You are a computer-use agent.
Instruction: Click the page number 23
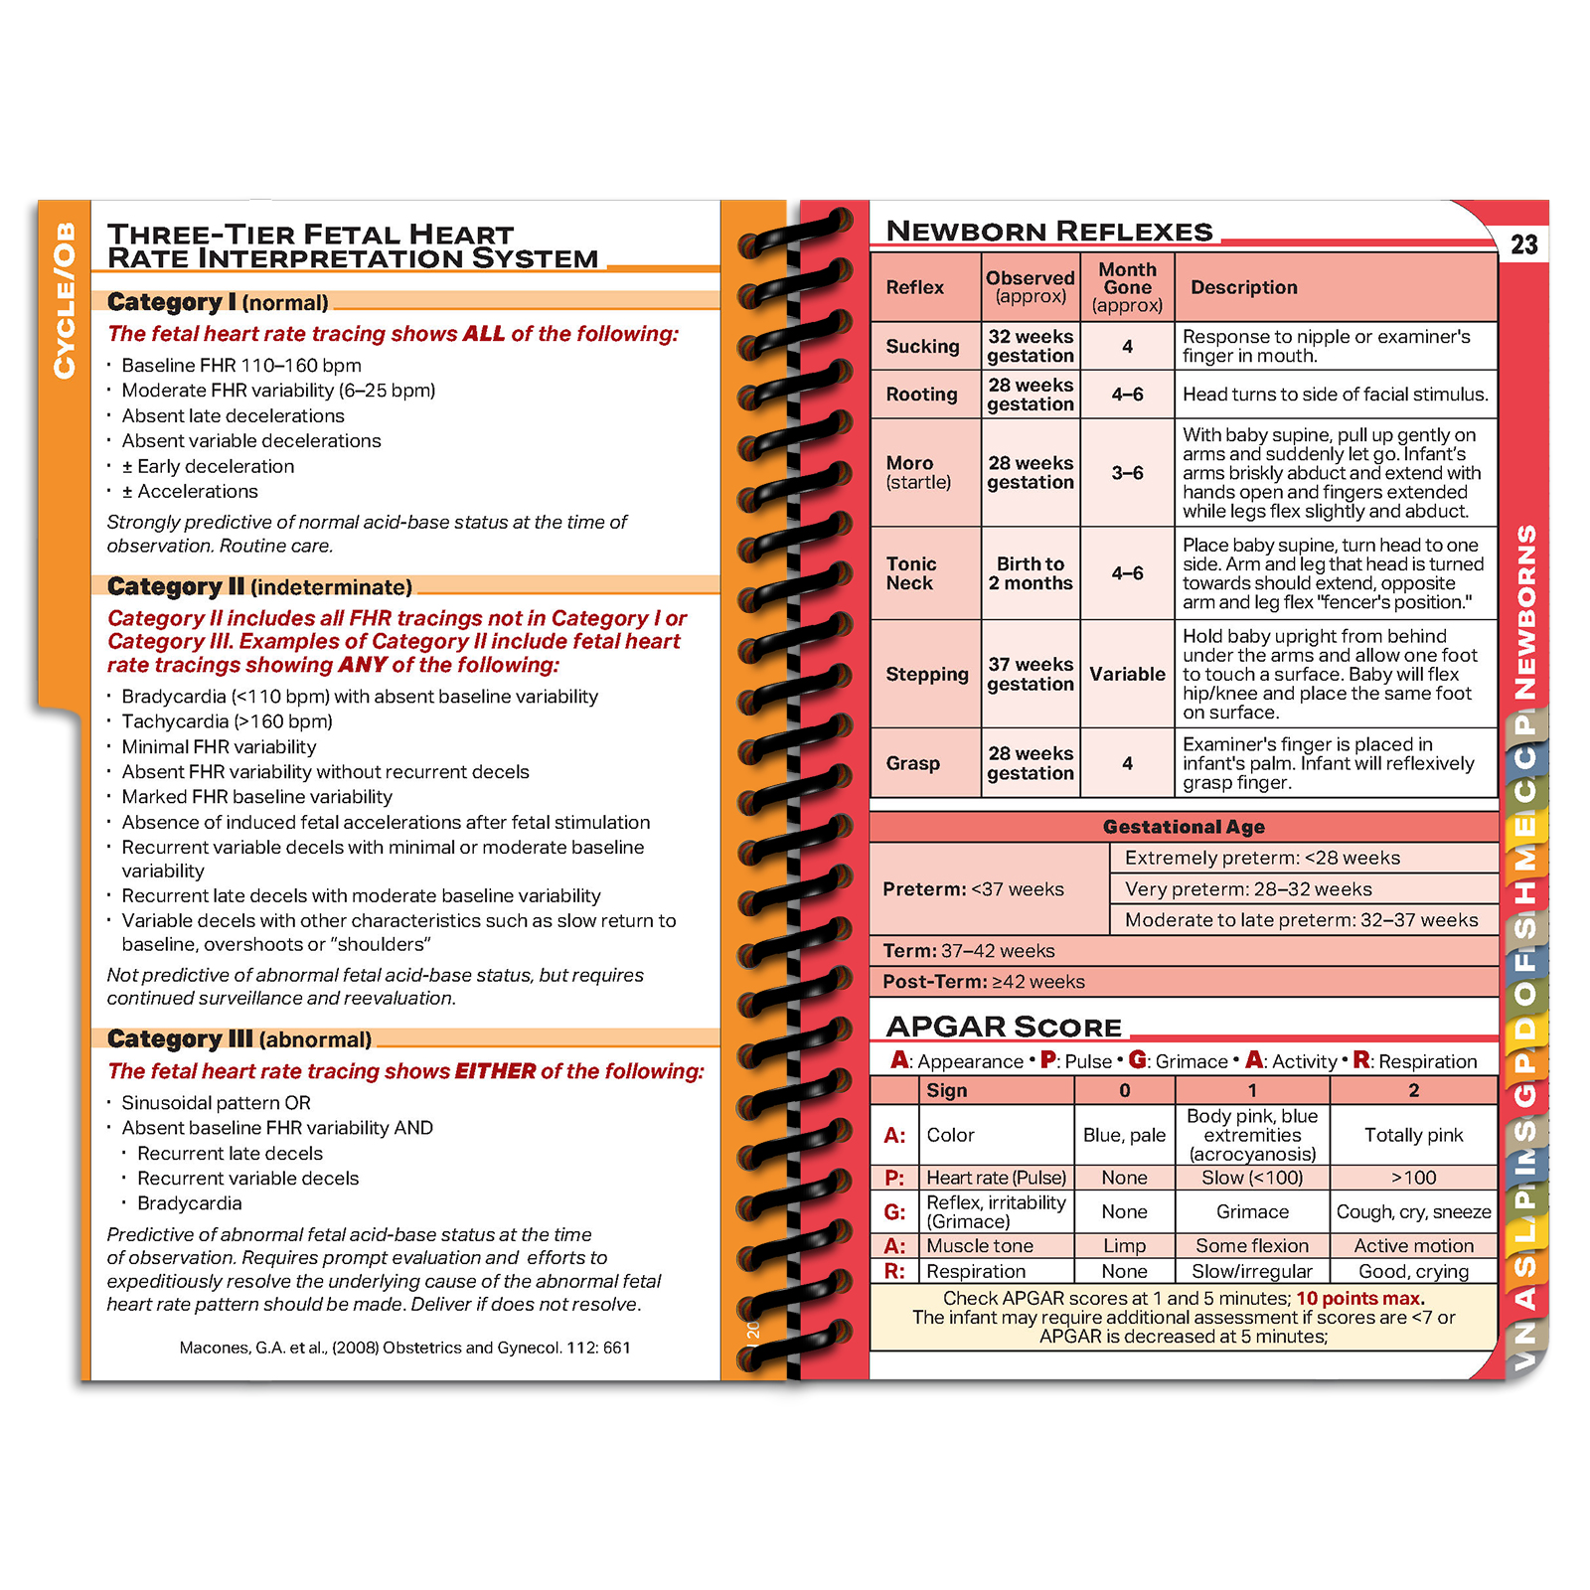click(1523, 244)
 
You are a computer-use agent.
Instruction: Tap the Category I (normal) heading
click(218, 302)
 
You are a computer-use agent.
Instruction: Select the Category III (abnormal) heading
click(239, 1039)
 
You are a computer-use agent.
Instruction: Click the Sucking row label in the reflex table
click(922, 346)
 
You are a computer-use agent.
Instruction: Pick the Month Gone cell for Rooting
click(1127, 395)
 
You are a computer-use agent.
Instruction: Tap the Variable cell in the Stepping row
click(1127, 674)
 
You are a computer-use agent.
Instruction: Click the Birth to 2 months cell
click(1031, 573)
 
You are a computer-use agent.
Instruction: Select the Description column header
click(1243, 287)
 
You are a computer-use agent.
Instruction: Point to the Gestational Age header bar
click(1184, 827)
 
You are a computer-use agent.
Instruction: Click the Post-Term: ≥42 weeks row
click(984, 982)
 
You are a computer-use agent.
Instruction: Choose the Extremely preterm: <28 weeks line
click(1262, 858)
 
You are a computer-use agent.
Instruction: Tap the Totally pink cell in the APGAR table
click(1413, 1135)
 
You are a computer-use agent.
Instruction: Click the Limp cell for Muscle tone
click(1124, 1246)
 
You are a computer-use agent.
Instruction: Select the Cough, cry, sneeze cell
click(1413, 1212)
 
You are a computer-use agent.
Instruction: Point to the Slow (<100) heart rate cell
click(1252, 1178)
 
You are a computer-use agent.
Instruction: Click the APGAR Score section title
click(1004, 1027)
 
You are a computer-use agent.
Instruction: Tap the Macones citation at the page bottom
click(404, 1348)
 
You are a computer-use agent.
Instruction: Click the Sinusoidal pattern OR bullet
click(216, 1103)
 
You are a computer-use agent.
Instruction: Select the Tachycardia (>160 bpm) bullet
click(227, 721)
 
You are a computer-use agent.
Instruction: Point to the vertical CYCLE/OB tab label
click(65, 300)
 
